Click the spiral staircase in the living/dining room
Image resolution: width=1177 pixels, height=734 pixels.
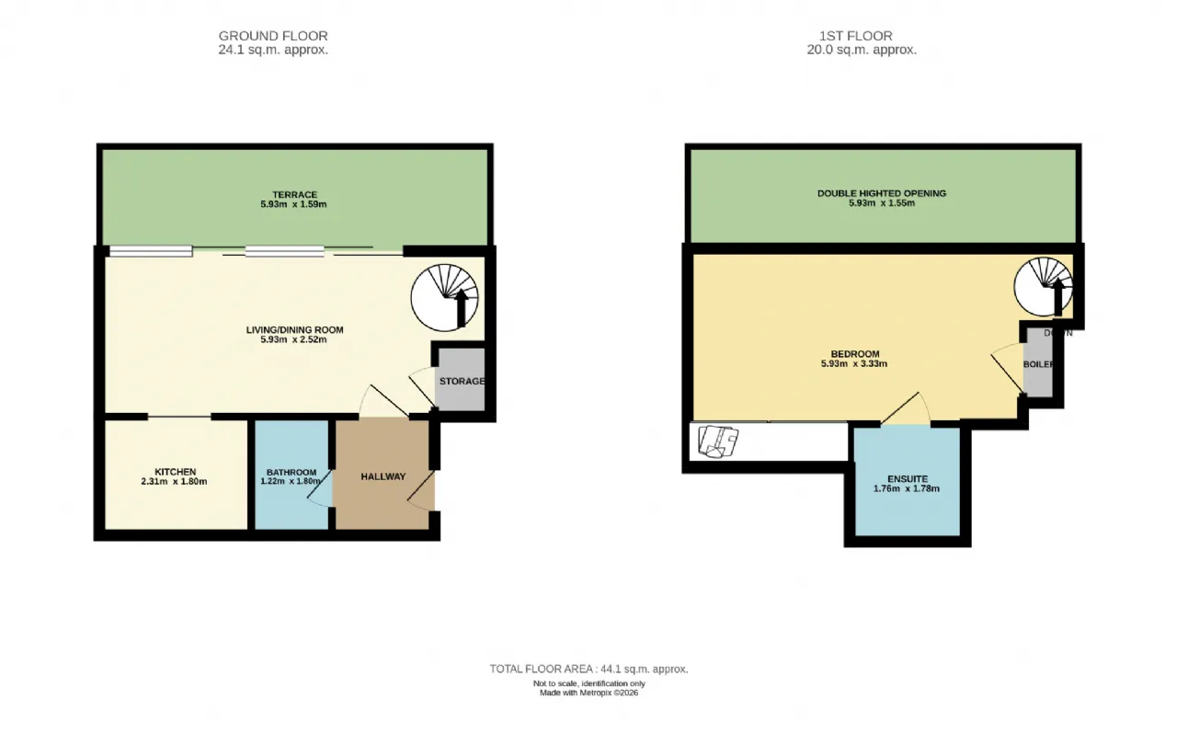pos(445,296)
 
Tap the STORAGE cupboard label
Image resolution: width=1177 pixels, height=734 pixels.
pos(461,381)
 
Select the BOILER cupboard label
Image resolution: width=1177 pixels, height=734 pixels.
pos(1037,364)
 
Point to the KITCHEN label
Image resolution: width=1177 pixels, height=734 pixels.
pos(175,472)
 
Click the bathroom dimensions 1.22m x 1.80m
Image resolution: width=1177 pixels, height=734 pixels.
pos(291,481)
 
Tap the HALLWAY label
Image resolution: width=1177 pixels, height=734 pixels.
pos(383,476)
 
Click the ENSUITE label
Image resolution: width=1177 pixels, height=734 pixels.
pos(907,479)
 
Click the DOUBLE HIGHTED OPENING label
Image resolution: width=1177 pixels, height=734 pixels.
pos(881,193)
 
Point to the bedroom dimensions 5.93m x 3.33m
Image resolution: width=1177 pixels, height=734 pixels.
pos(855,363)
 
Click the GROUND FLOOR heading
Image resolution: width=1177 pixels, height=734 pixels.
pos(273,37)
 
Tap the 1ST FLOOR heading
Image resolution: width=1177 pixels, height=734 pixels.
pos(855,37)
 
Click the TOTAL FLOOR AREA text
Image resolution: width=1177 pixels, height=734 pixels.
pos(588,670)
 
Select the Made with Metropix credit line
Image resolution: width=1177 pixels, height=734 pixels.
pos(588,693)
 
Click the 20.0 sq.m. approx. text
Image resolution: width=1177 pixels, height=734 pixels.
pos(855,51)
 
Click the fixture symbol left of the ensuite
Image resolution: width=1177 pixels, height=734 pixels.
pos(717,441)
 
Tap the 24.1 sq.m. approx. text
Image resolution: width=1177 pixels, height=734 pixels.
pos(273,51)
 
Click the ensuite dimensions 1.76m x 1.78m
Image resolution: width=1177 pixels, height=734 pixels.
pos(907,488)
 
